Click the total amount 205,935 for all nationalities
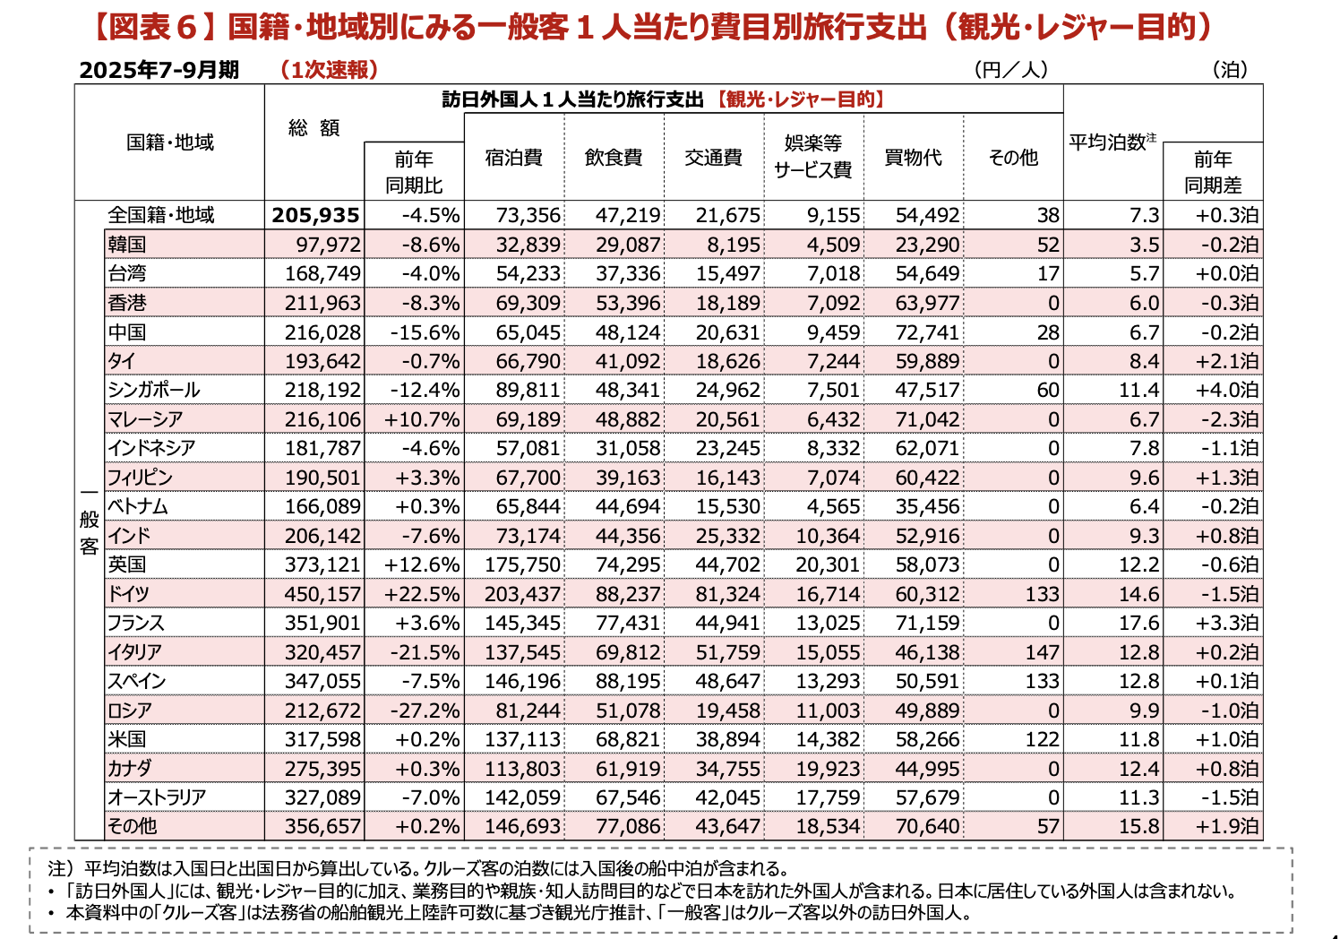(315, 215)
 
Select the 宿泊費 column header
(514, 158)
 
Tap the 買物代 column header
(913, 158)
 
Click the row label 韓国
(127, 245)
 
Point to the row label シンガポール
(153, 390)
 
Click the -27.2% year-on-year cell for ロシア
(425, 711)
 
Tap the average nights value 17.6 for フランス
(1138, 623)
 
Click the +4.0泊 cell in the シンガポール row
(1226, 390)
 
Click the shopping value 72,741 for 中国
(927, 332)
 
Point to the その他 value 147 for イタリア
(1042, 652)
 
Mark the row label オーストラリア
(157, 797)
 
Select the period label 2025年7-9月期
(159, 70)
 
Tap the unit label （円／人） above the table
(1010, 70)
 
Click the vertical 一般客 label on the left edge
(89, 520)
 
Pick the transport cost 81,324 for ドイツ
(727, 594)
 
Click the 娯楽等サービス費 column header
(812, 157)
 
